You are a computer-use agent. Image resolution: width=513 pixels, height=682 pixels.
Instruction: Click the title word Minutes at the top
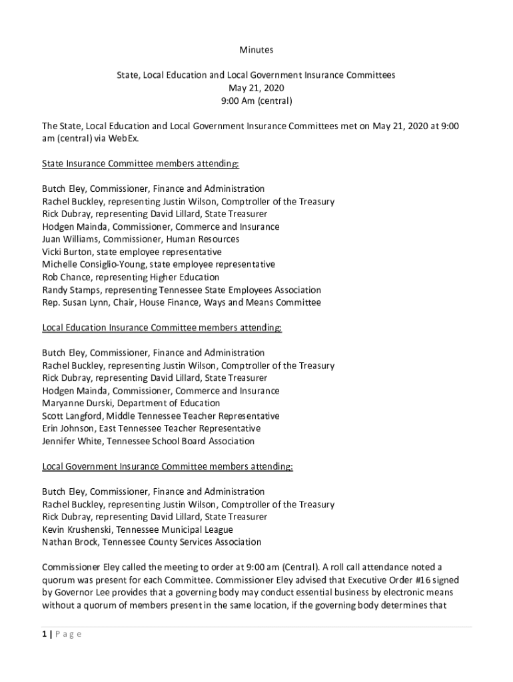pos(256,50)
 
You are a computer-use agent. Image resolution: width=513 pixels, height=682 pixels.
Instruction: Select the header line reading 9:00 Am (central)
pos(256,101)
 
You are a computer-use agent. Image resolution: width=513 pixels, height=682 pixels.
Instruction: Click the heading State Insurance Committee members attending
pos(141,164)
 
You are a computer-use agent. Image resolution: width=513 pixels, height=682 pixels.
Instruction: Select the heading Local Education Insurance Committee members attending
pos(162,328)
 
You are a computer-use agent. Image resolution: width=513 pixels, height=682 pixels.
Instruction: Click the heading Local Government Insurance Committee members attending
pos(167,466)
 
